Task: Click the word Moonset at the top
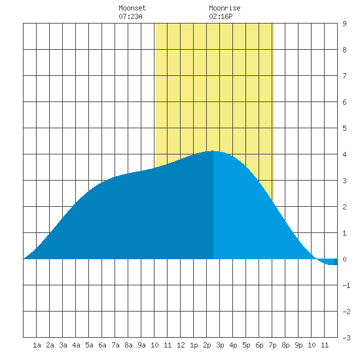132,8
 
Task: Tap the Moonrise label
225,8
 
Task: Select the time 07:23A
130,16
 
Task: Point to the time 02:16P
221,16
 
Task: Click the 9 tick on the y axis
344,24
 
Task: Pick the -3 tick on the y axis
346,338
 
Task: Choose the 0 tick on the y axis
344,259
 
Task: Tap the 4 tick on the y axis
344,154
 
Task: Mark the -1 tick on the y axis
346,285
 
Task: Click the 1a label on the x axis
37,345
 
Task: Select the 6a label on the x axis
102,345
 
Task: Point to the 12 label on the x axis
181,345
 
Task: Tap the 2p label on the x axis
207,345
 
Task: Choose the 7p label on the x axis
272,345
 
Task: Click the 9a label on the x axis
141,345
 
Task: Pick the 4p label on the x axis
233,345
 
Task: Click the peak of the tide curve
213,151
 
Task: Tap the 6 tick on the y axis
344,102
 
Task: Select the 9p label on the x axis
298,345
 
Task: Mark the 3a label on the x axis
63,345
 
